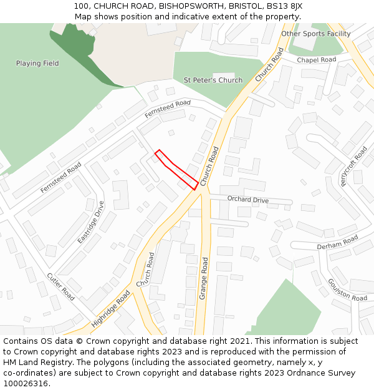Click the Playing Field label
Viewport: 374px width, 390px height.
tap(37, 63)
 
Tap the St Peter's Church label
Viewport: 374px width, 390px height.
tap(213, 80)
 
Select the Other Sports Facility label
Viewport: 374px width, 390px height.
tap(315, 34)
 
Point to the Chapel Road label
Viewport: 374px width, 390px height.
tap(316, 60)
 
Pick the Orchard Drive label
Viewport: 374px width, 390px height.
tap(247, 200)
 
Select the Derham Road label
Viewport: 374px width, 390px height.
tap(337, 243)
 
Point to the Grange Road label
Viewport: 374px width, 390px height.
tap(204, 281)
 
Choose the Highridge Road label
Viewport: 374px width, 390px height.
tap(110, 309)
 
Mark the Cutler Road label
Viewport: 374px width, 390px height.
tap(60, 286)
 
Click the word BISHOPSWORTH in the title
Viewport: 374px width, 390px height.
tap(188, 6)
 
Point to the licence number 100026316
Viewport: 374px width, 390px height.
tap(26, 383)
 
